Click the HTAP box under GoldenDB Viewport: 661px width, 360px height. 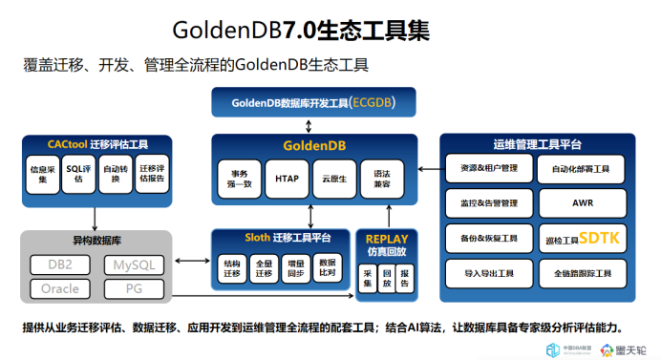(287, 179)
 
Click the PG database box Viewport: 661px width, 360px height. (132, 287)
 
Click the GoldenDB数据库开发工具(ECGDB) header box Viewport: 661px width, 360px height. (314, 102)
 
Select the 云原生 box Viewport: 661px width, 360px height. (334, 179)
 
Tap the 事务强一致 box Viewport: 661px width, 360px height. (239, 179)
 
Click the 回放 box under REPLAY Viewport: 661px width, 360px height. (386, 278)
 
